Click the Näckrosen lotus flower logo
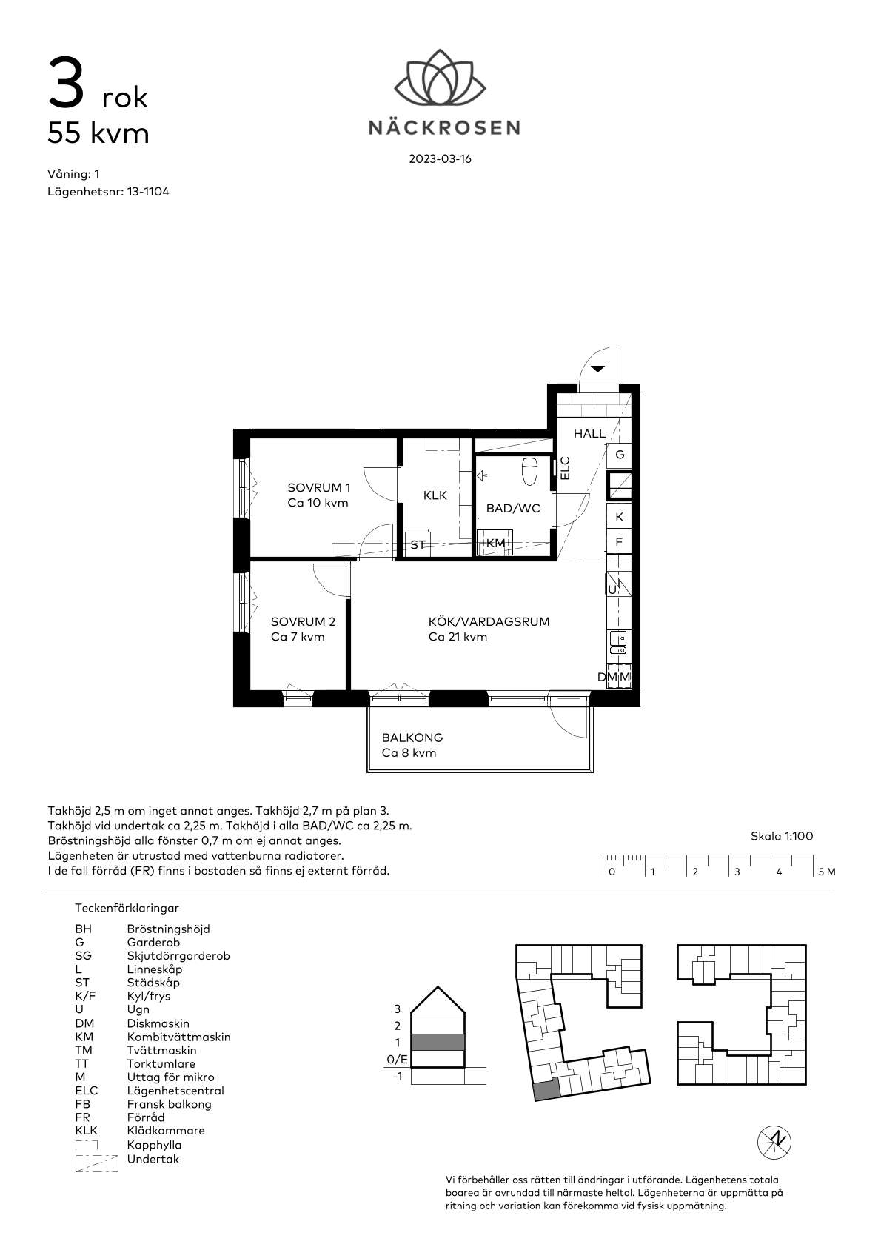[x=440, y=77]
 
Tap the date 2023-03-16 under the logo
[x=440, y=159]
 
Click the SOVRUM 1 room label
[x=319, y=488]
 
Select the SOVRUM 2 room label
[x=303, y=621]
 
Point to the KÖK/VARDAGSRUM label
[x=489, y=621]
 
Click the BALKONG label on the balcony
[x=412, y=738]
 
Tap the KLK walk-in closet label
[x=435, y=495]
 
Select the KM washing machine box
[x=495, y=542]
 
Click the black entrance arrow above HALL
[x=597, y=369]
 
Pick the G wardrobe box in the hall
[x=620, y=455]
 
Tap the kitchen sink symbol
[x=618, y=642]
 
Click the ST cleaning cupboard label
[x=418, y=545]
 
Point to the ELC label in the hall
[x=565, y=468]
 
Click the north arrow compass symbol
[x=774, y=1143]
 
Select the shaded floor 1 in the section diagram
[x=438, y=1042]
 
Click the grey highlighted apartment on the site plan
[x=546, y=1089]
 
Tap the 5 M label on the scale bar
[x=827, y=872]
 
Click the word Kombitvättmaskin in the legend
[x=178, y=1037]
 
